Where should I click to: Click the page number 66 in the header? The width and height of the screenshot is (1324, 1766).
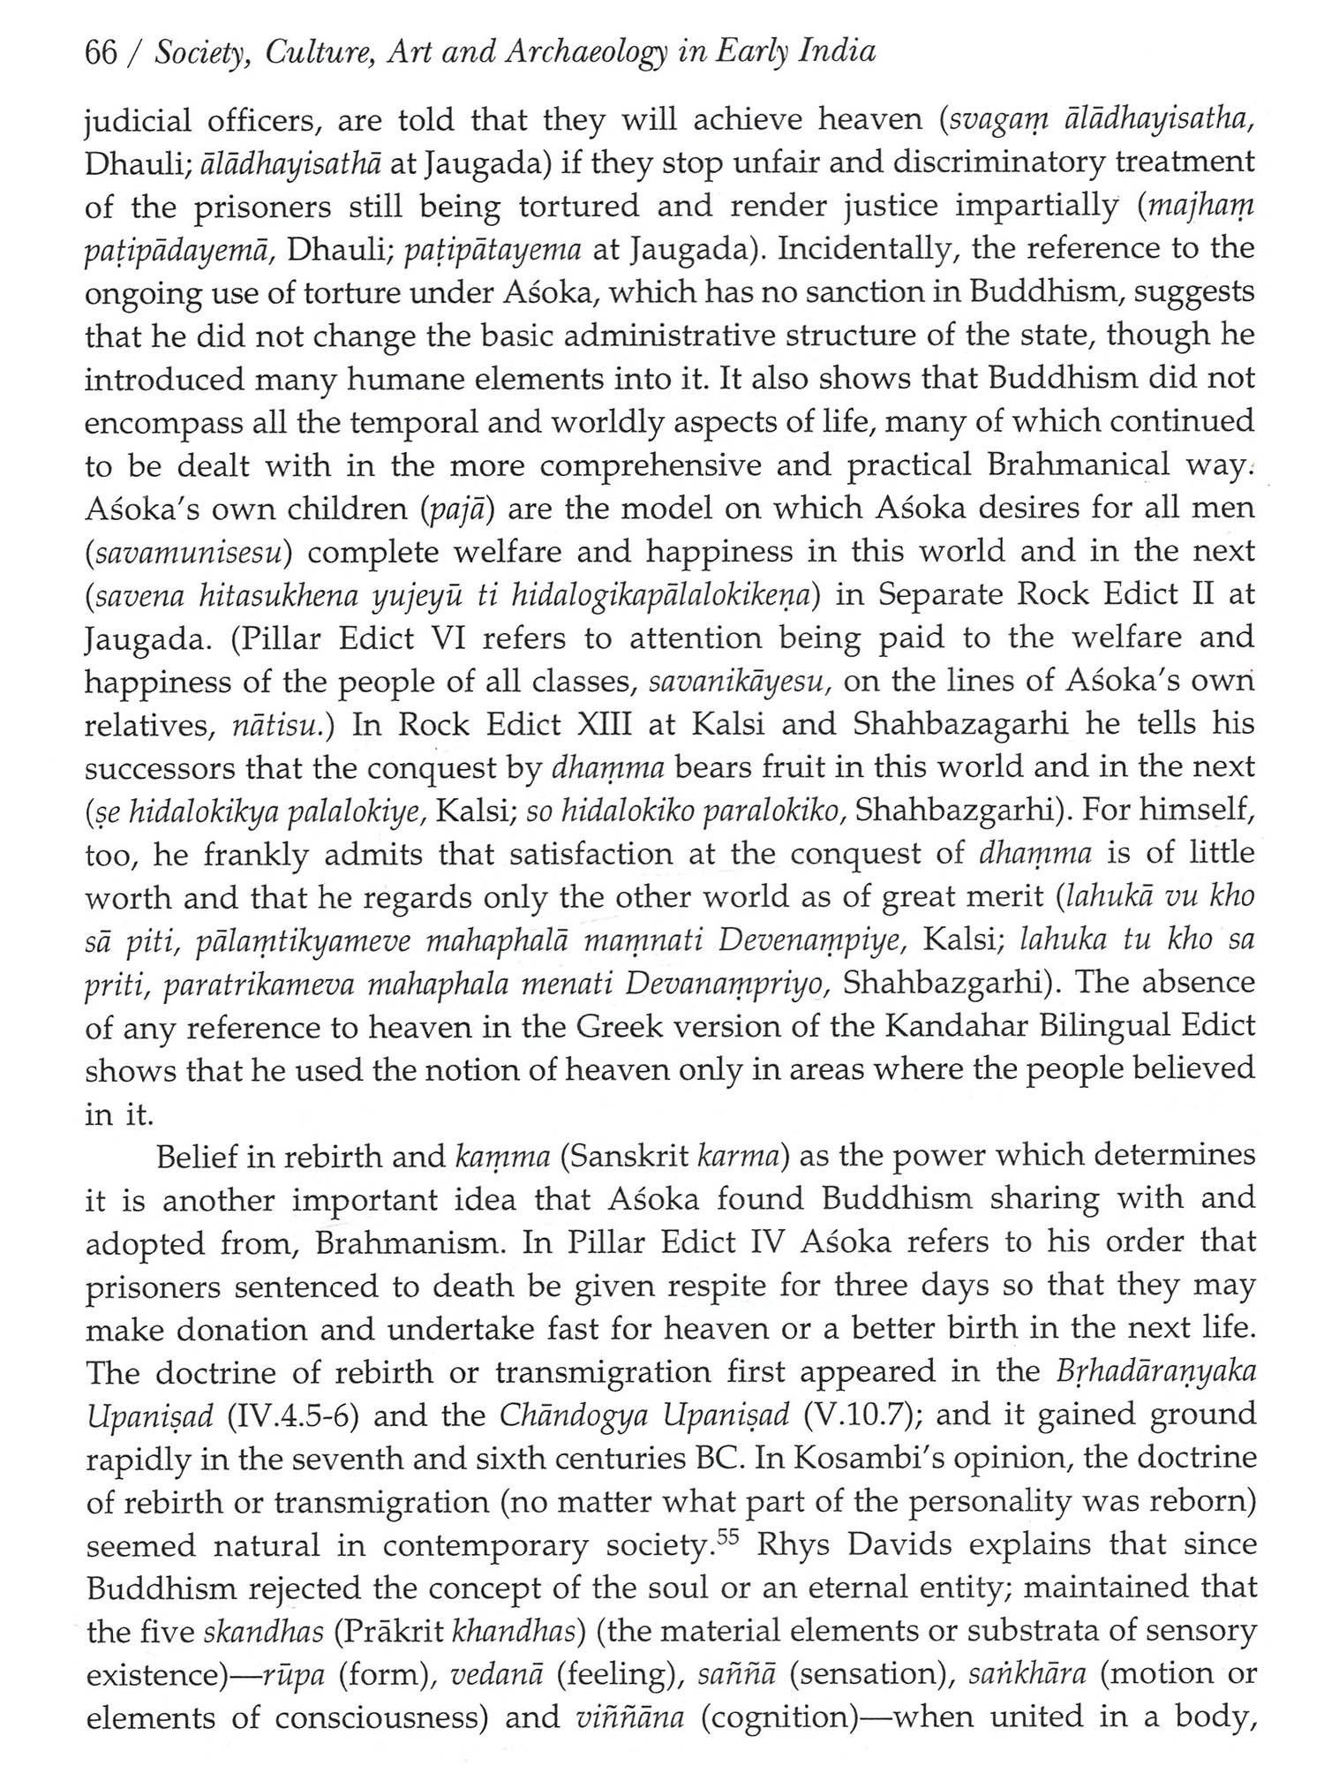[102, 53]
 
